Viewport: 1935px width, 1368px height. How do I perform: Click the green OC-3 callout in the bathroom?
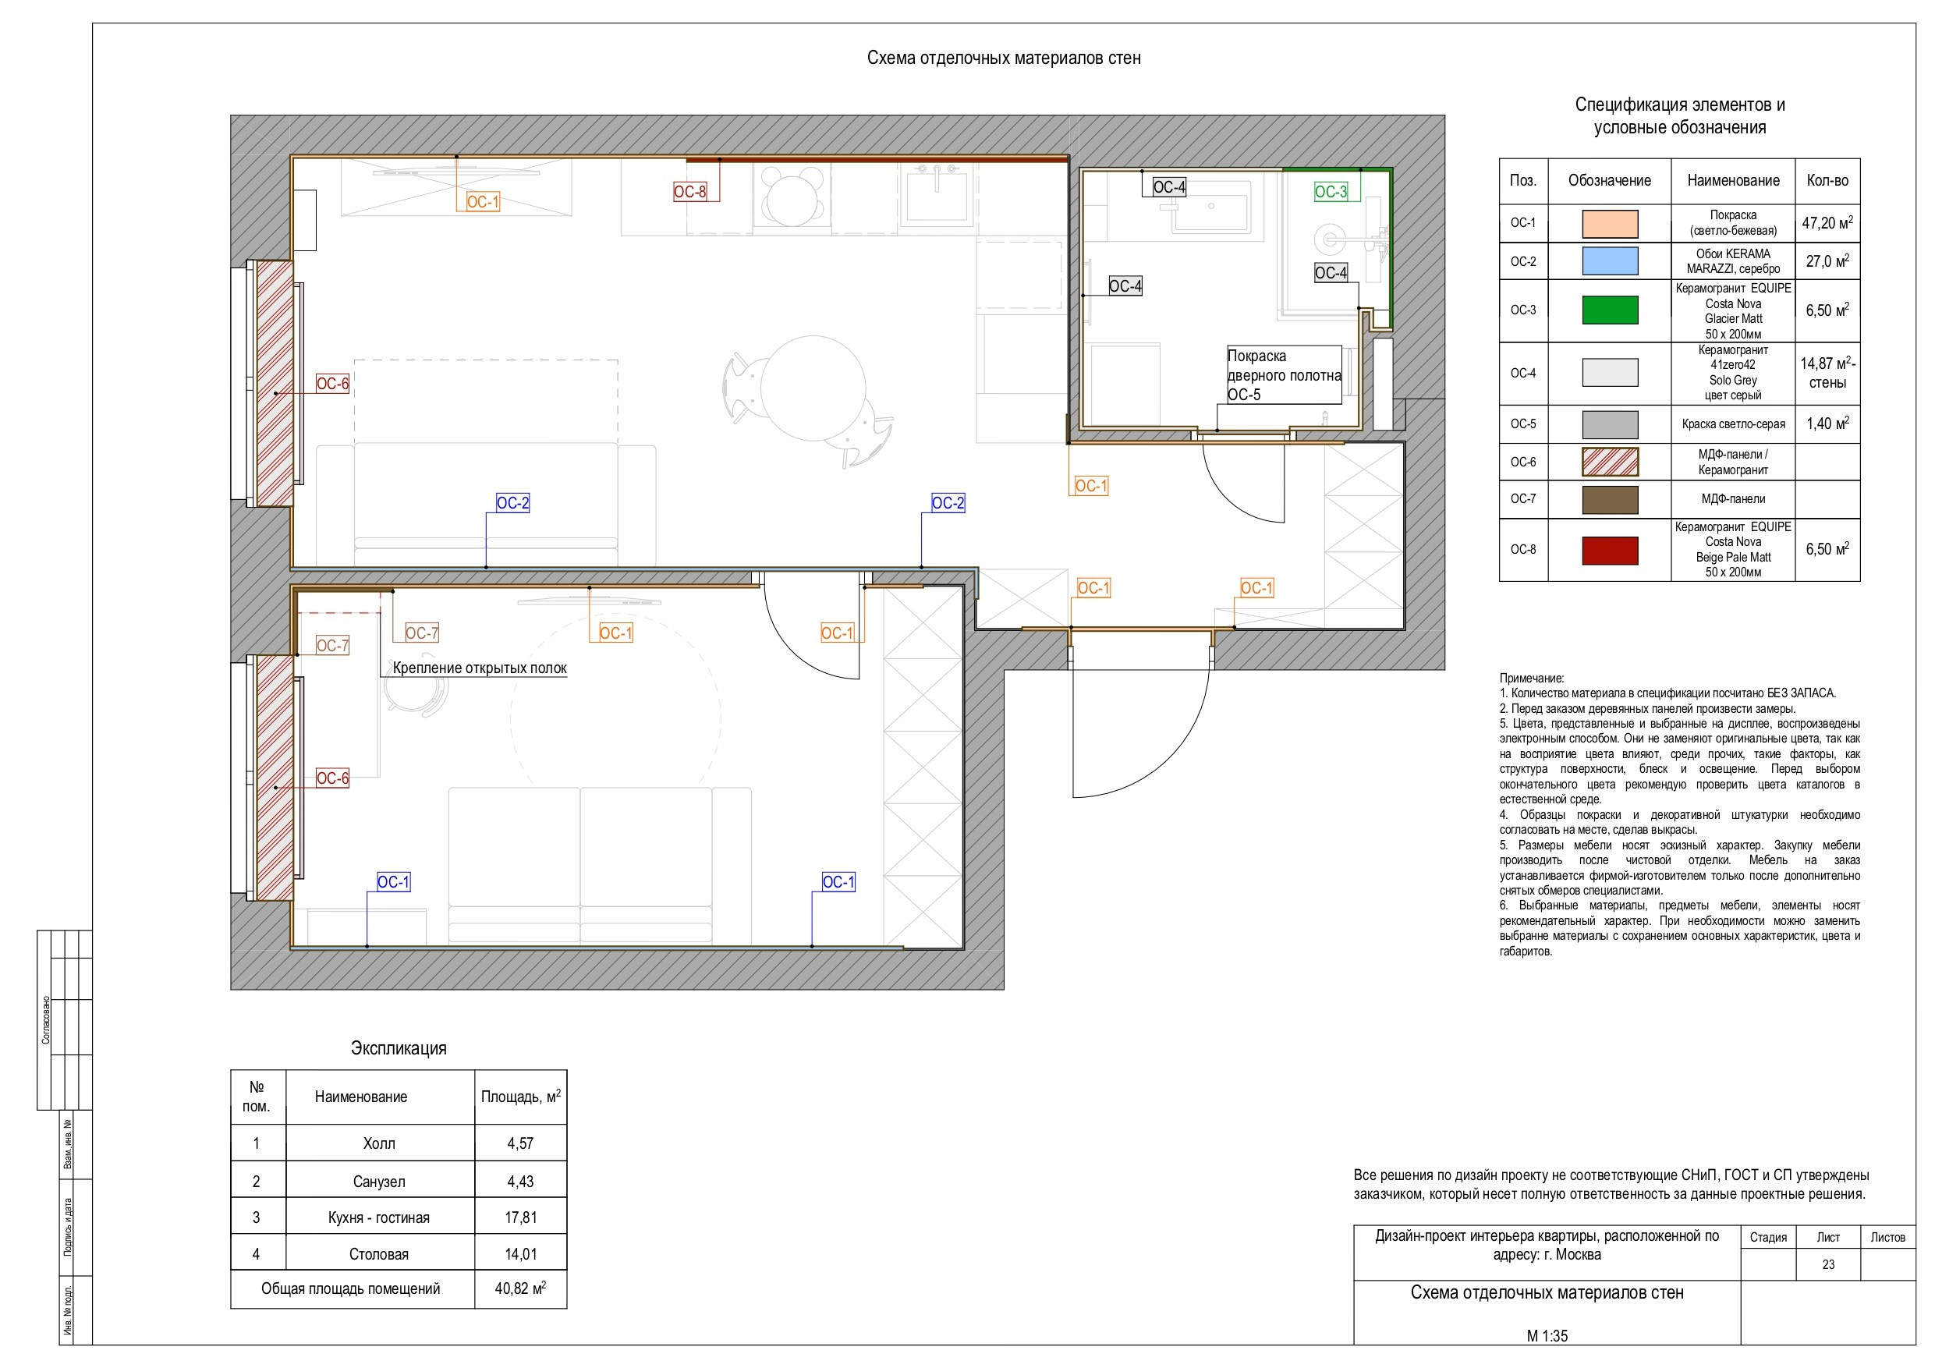point(1331,191)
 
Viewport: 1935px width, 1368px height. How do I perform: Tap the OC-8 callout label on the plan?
point(689,191)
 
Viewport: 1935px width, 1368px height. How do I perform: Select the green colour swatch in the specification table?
point(1610,310)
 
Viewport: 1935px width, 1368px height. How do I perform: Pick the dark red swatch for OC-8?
point(1610,550)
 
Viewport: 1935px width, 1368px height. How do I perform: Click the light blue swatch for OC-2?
point(1610,261)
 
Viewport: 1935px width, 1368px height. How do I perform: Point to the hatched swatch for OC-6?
point(1610,462)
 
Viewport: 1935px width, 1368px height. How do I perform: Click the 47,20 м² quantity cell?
point(1827,222)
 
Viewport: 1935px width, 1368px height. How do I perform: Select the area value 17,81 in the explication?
point(521,1217)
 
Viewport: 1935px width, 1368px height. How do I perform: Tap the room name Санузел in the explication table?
point(379,1182)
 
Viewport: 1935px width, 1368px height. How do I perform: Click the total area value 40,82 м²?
point(521,1288)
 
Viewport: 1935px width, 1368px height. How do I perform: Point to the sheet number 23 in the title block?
point(1828,1264)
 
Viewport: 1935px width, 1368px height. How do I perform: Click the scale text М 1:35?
point(1547,1336)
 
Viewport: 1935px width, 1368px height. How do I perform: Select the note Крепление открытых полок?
point(480,668)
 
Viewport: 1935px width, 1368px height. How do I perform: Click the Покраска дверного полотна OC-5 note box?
point(1284,375)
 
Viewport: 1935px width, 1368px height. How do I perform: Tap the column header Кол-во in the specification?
point(1827,180)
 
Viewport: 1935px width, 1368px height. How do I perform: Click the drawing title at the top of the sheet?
point(1004,58)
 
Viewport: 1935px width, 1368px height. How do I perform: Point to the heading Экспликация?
point(399,1047)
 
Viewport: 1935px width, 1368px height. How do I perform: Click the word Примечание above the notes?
point(1531,678)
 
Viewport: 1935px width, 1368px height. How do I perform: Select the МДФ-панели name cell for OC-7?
point(1733,499)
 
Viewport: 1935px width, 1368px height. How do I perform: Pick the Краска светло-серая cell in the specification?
point(1733,424)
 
